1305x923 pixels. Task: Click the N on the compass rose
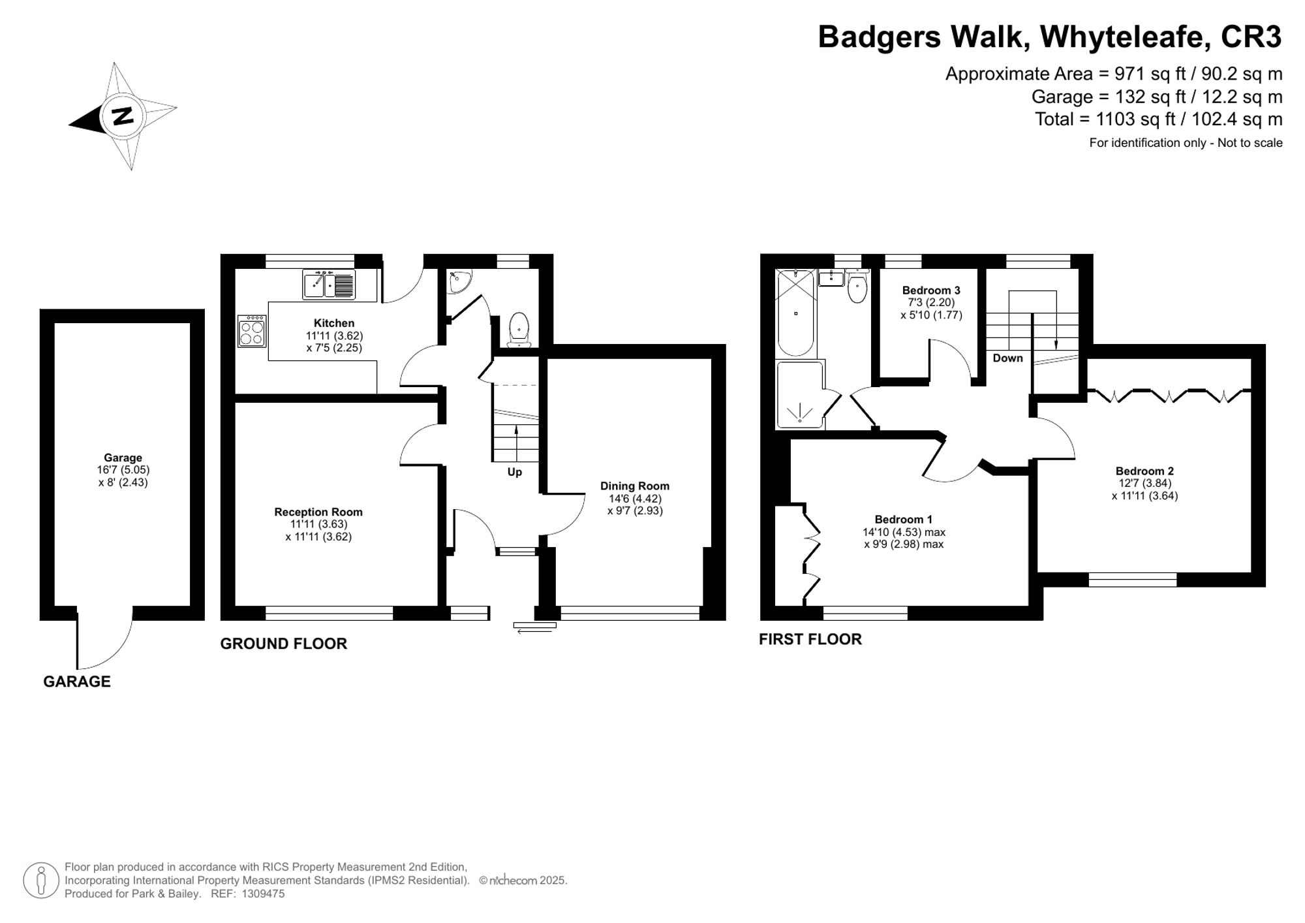[x=122, y=116]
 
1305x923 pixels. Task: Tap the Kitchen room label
[x=334, y=323]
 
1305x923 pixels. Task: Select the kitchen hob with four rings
[x=253, y=331]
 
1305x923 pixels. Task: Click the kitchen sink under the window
[x=329, y=284]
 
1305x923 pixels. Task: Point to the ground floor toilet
[x=519, y=328]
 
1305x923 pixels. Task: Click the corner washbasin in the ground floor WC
[x=459, y=281]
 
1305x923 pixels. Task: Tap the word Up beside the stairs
[x=515, y=472]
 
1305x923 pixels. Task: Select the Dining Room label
[x=635, y=486]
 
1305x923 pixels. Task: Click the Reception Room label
[x=318, y=512]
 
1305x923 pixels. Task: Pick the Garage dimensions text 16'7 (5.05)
[x=123, y=470]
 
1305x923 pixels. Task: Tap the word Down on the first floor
[x=1007, y=358]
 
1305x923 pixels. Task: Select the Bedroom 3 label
[x=931, y=290]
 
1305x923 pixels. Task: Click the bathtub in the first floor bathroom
[x=796, y=313]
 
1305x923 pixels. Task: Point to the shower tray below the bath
[x=799, y=396]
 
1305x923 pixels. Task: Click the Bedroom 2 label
[x=1144, y=471]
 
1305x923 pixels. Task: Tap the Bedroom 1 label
[x=904, y=520]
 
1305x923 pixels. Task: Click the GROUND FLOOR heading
[x=283, y=644]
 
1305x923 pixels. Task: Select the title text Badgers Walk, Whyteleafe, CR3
[x=1049, y=37]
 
